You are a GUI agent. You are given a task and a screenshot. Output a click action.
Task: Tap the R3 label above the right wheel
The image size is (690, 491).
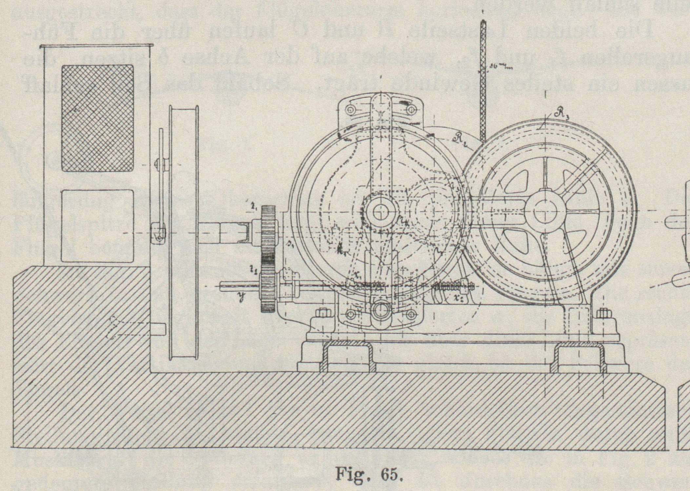(x=561, y=115)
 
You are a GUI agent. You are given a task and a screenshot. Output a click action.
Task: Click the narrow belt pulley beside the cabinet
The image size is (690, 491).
(x=184, y=233)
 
